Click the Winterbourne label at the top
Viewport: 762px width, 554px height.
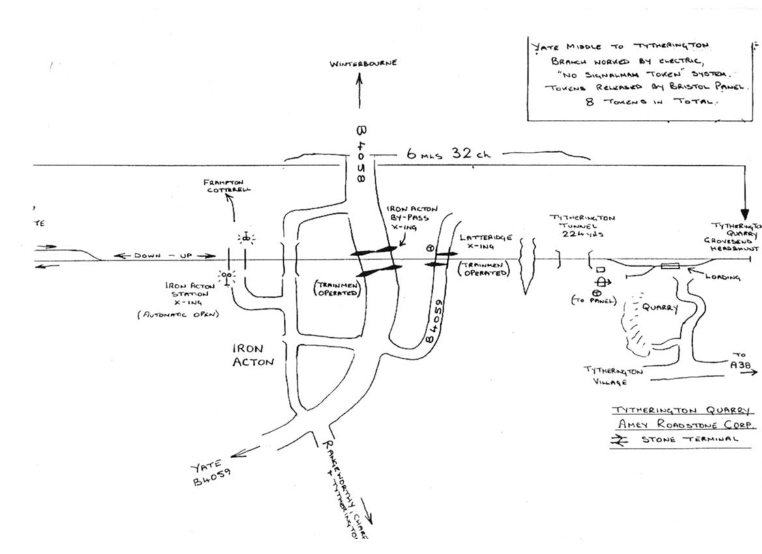pos(363,64)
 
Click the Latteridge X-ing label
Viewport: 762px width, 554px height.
pos(486,242)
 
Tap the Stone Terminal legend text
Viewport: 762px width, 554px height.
pos(690,439)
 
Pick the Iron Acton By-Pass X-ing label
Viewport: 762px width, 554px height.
pos(407,220)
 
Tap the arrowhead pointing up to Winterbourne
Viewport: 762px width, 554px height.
pos(359,78)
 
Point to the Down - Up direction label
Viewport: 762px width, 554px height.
pos(164,255)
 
